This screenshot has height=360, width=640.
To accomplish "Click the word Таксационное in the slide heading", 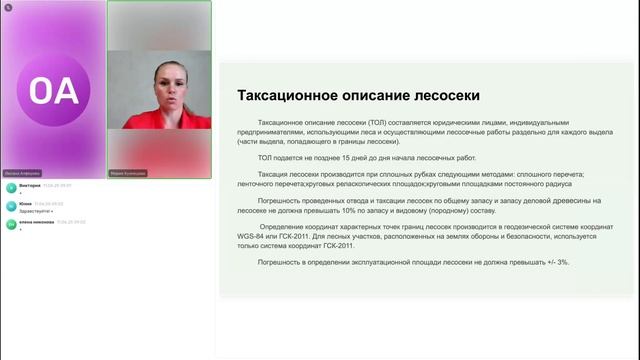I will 284,96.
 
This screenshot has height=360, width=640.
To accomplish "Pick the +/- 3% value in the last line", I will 557,261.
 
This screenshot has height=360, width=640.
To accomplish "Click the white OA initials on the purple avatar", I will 53,91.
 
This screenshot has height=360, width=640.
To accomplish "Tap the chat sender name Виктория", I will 29,185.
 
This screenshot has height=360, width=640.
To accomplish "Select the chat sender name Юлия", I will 25,203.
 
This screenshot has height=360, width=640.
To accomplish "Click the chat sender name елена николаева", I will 36,221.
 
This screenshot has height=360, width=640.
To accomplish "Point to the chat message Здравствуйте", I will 33,211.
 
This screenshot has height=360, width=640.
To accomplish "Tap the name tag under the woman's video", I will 129,172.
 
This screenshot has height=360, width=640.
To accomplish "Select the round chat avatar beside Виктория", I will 10,188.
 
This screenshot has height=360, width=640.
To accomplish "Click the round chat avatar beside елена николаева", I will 10,224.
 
